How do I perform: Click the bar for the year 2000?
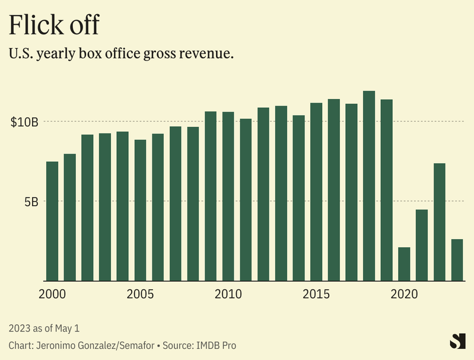click(x=52, y=221)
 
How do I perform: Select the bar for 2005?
click(x=140, y=210)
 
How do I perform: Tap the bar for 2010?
click(x=228, y=196)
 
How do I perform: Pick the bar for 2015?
click(x=316, y=192)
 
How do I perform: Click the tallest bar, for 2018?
click(x=369, y=186)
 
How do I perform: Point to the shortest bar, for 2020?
click(x=404, y=264)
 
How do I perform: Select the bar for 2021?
click(x=422, y=245)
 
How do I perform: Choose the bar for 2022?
click(x=440, y=222)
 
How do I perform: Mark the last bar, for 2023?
click(x=457, y=260)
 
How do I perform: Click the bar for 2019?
click(x=387, y=190)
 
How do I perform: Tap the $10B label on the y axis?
click(x=24, y=122)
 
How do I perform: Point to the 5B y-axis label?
click(x=31, y=202)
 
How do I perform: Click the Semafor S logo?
click(x=457, y=342)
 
